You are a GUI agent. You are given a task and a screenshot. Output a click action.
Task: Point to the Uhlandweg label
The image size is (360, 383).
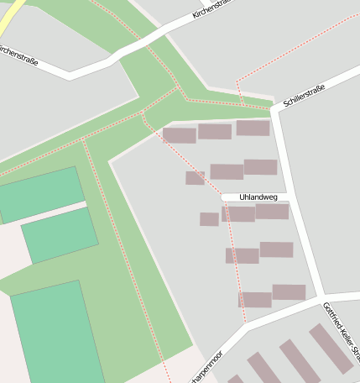(258, 197)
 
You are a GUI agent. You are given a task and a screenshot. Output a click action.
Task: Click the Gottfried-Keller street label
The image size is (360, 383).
(341, 331)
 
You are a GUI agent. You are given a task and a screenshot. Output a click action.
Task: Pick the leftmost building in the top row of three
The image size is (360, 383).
(179, 134)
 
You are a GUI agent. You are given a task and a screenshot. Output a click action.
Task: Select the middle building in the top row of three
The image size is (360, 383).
(215, 131)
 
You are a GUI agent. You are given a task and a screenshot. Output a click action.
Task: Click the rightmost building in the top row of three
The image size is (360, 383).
(253, 128)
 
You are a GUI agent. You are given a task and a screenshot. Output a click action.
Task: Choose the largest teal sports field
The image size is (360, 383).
(56, 333)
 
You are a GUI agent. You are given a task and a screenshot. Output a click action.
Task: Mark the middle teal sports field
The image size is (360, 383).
(60, 234)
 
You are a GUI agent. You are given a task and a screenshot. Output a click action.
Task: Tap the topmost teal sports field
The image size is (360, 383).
(40, 194)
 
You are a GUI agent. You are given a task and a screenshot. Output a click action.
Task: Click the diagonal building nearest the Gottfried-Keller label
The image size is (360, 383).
(331, 348)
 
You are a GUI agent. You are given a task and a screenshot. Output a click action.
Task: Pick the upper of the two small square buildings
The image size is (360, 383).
(195, 177)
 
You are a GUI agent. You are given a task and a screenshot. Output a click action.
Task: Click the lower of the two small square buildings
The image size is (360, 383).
(209, 219)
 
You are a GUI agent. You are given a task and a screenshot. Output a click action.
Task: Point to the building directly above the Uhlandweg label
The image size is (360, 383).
(260, 166)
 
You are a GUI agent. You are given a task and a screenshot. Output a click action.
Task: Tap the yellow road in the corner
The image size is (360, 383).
(11, 11)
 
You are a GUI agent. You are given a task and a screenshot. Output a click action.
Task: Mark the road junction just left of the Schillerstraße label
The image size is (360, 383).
(274, 109)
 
